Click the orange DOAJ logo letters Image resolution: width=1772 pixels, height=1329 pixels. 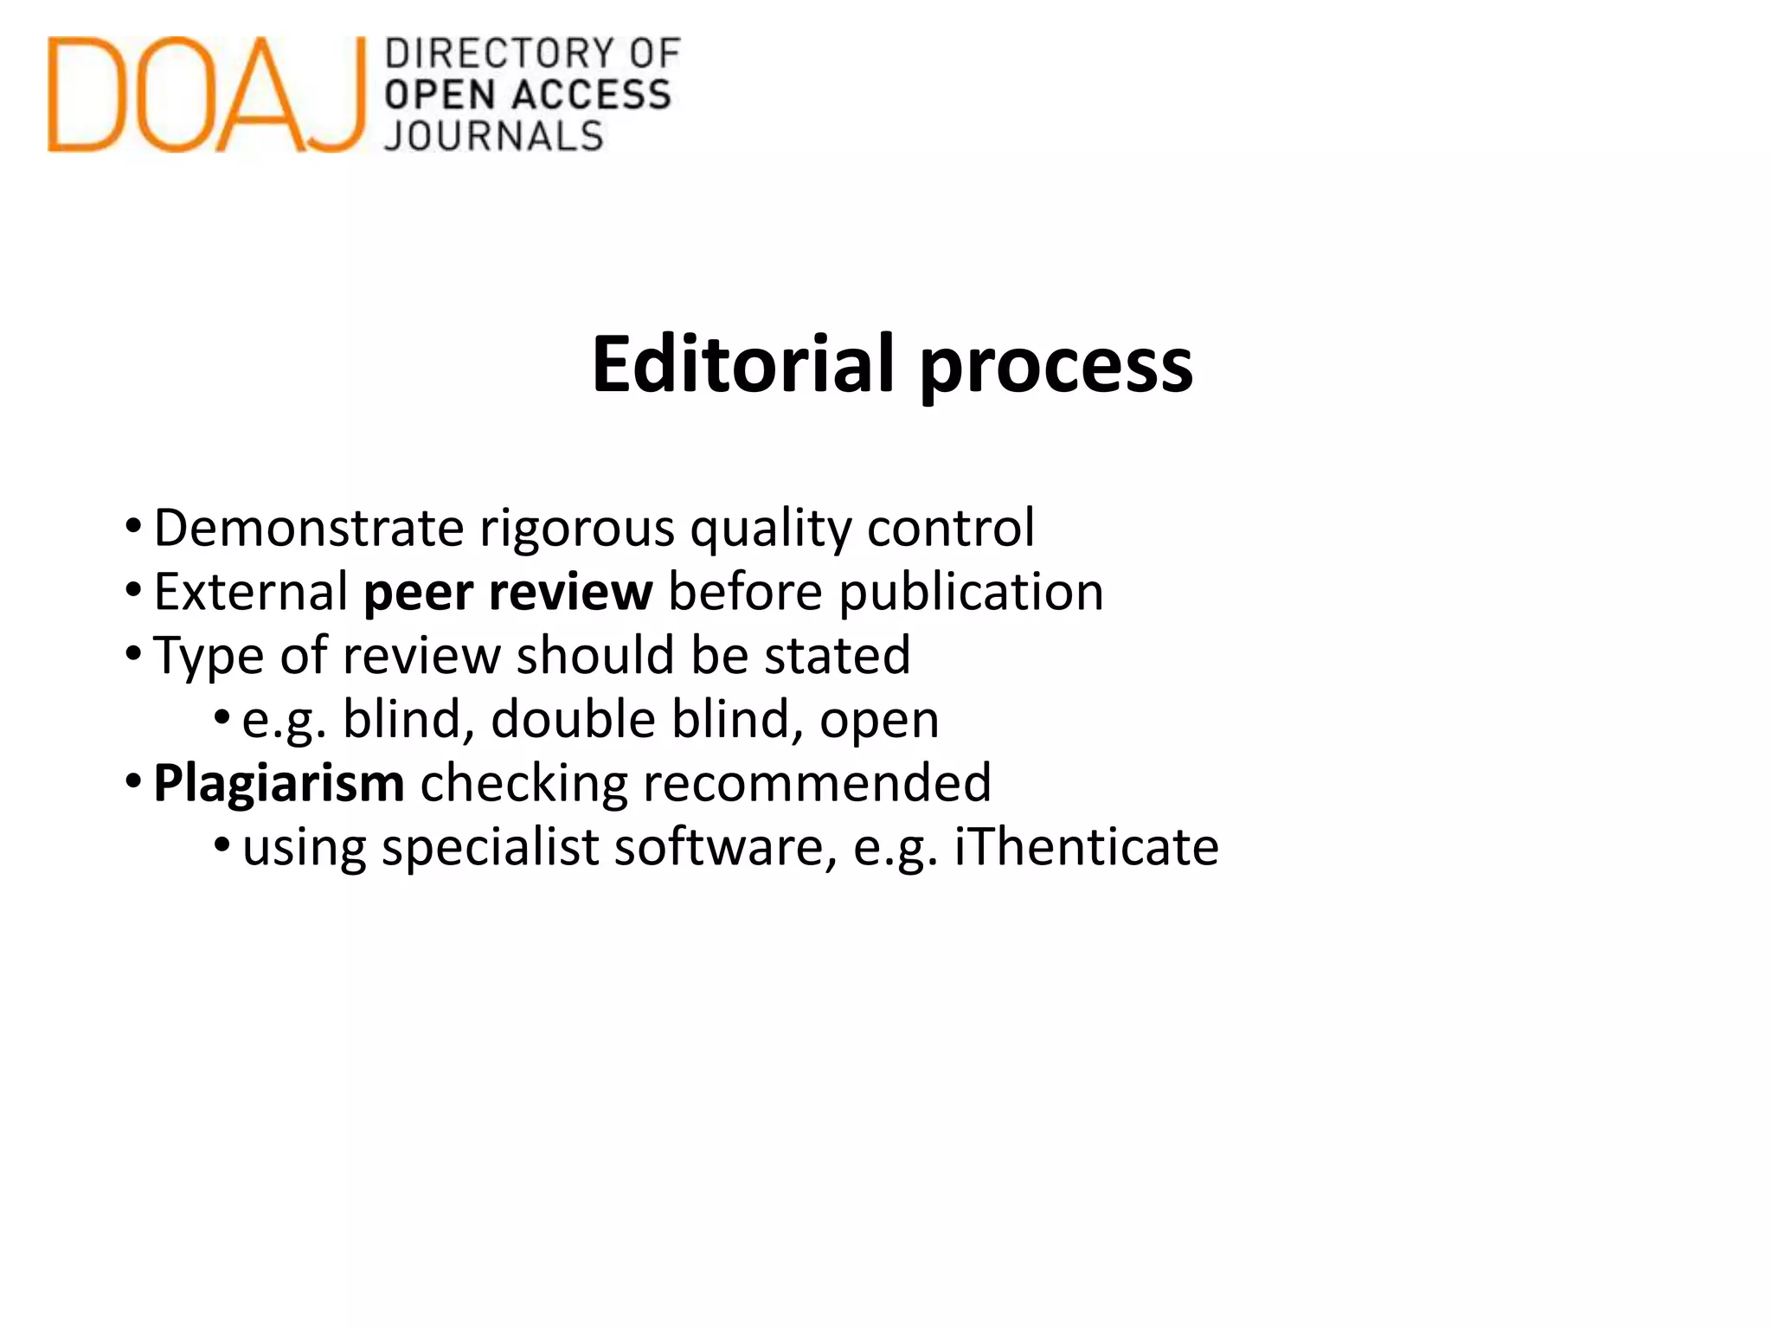click(x=206, y=95)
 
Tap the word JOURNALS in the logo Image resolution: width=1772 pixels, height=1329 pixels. click(x=494, y=137)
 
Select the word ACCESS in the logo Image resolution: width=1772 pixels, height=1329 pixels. click(x=592, y=95)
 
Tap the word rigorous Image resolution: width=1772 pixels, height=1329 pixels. click(x=577, y=530)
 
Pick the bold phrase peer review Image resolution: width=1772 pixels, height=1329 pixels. click(x=508, y=594)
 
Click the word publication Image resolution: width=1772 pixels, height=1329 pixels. click(x=971, y=594)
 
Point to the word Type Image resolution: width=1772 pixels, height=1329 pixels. click(x=209, y=657)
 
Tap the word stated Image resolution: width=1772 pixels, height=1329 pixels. click(x=838, y=655)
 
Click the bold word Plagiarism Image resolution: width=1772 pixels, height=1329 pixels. click(x=279, y=784)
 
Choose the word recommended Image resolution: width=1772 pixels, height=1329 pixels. click(x=817, y=783)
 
